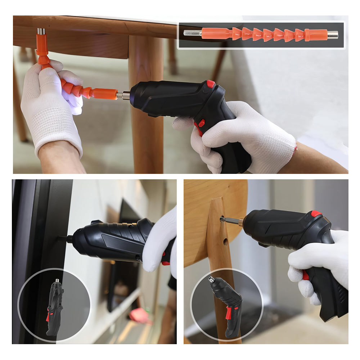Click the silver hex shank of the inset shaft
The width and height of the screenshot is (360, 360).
pos(192,33)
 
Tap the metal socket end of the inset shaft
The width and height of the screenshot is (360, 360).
pos(332,35)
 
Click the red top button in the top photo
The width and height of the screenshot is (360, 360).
pos(211,84)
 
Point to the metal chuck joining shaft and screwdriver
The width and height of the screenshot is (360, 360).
pos(124,95)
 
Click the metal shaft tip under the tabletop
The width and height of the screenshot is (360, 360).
pos(41,31)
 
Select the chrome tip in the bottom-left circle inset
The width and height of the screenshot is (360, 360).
pos(57,280)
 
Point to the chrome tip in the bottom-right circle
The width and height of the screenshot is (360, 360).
pos(211,279)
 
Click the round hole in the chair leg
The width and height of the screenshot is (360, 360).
pos(225,242)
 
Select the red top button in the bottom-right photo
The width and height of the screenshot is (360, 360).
pos(316,213)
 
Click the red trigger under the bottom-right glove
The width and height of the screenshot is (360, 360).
pos(305,275)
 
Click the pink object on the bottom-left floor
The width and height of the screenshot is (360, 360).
pos(139,315)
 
